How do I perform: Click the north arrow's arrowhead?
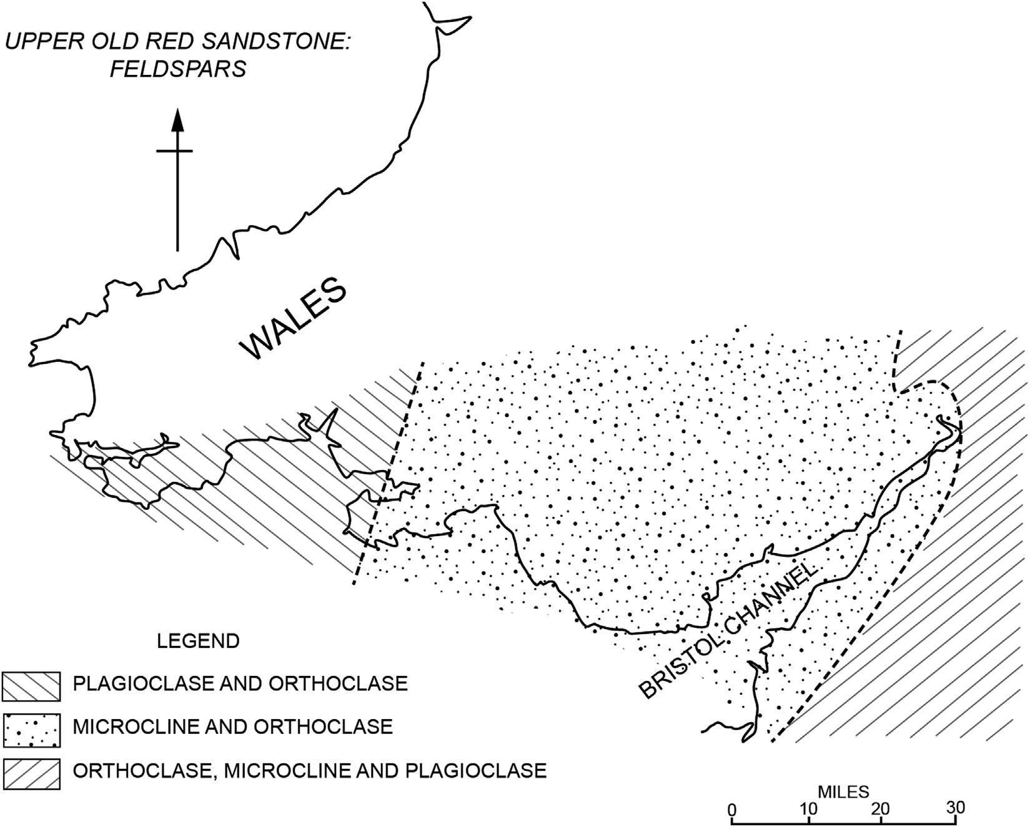pos(177,120)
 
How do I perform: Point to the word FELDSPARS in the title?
pos(179,69)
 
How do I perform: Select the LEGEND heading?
pos(198,641)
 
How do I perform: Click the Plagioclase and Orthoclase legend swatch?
pos(31,685)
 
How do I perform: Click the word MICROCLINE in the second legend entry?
pos(130,727)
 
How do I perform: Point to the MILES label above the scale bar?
pos(843,792)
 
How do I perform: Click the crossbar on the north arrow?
pos(175,150)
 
